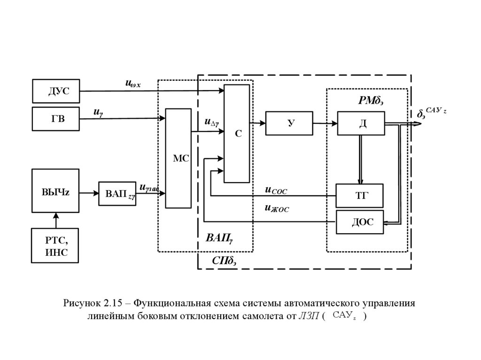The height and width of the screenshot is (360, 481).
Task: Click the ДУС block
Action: [x=56, y=91]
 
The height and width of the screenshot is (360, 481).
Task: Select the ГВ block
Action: [x=56, y=119]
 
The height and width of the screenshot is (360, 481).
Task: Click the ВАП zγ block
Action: [x=117, y=193]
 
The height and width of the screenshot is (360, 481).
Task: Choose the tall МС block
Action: [x=178, y=158]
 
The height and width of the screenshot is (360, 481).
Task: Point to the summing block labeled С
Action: [x=237, y=134]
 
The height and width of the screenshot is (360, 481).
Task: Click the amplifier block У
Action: [x=289, y=123]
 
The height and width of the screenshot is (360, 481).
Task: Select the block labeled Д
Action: [x=361, y=123]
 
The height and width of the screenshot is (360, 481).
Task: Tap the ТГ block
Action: [x=360, y=196]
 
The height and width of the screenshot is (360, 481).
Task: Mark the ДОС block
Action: [x=360, y=222]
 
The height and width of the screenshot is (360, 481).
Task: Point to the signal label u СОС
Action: [x=276, y=190]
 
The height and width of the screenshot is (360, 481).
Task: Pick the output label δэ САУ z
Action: [x=431, y=113]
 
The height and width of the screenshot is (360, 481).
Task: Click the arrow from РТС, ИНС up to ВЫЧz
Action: [x=56, y=220]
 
